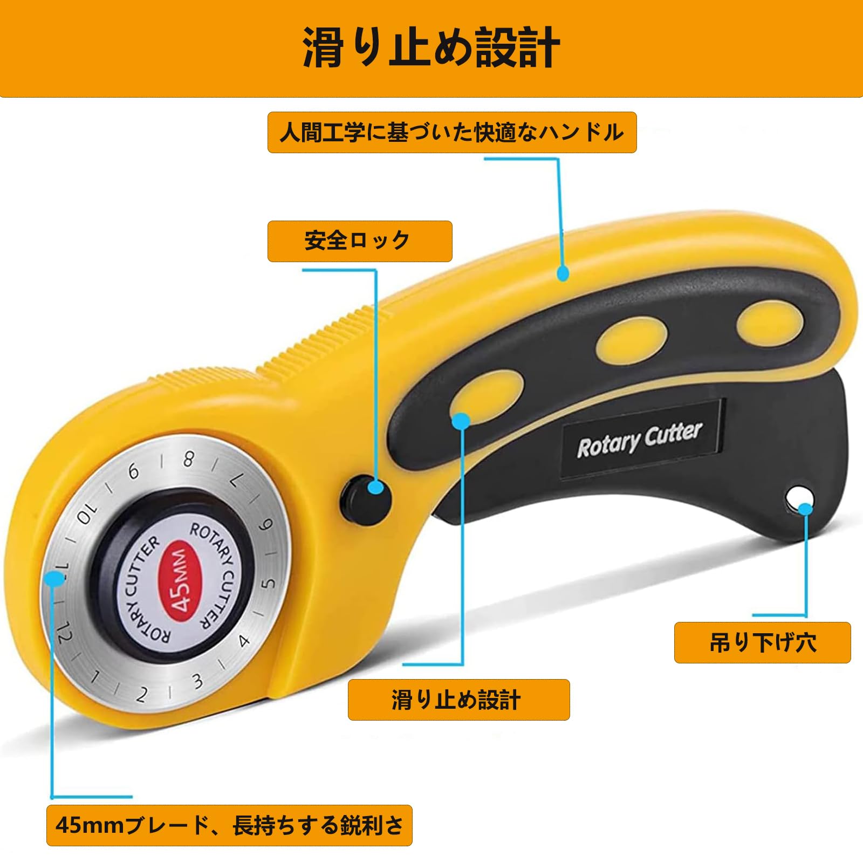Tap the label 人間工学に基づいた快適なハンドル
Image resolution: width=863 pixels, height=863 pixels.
click(x=452, y=133)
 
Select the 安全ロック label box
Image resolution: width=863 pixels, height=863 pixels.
click(x=360, y=241)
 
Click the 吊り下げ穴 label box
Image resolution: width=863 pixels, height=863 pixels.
click(x=762, y=642)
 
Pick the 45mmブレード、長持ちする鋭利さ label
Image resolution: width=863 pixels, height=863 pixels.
click(x=229, y=825)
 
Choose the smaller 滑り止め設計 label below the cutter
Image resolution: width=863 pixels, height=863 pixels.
click(x=458, y=700)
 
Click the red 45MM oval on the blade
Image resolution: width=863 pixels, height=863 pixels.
click(x=182, y=581)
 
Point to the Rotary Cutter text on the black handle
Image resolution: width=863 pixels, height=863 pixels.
click(x=640, y=440)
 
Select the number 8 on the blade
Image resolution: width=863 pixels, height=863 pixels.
click(x=188, y=460)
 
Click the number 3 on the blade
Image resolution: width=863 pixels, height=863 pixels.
click(x=198, y=681)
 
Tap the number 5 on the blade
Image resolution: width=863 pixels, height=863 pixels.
click(x=268, y=583)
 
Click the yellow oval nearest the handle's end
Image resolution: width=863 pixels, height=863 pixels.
click(x=770, y=325)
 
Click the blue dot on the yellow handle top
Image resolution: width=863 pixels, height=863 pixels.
click(x=563, y=273)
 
